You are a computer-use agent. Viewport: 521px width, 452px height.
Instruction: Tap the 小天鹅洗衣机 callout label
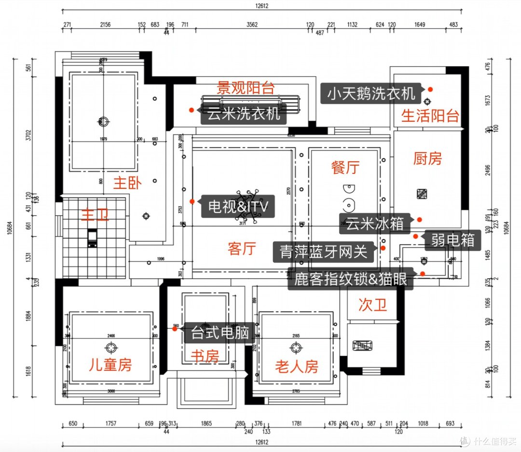point(371,93)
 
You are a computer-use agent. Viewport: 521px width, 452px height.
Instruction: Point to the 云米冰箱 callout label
point(374,224)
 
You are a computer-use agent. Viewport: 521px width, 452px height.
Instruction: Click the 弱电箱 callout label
point(452,240)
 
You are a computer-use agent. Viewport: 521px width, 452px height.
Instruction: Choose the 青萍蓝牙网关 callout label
point(324,252)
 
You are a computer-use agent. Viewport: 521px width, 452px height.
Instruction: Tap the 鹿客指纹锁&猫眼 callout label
point(351,280)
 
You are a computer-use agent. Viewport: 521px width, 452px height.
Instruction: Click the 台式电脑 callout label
point(219,332)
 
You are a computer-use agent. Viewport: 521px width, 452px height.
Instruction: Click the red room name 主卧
point(127,183)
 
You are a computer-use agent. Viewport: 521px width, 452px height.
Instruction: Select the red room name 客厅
point(241,249)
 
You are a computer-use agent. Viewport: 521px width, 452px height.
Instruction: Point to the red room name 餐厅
point(345,168)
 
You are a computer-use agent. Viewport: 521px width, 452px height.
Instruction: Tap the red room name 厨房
point(427,158)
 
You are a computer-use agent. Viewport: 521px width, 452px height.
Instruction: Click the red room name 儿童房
point(110,365)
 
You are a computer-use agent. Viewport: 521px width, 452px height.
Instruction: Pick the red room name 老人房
point(297,367)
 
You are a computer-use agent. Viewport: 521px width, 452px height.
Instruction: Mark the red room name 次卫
point(373,305)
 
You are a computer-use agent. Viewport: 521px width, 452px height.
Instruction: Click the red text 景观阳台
point(246,88)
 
